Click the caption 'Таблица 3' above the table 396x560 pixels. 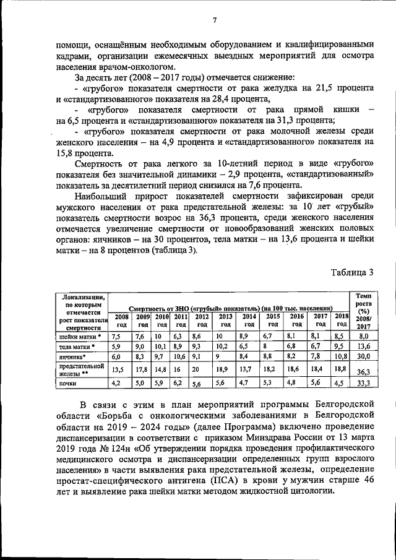(x=351, y=272)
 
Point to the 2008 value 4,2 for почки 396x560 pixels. (x=116, y=383)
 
